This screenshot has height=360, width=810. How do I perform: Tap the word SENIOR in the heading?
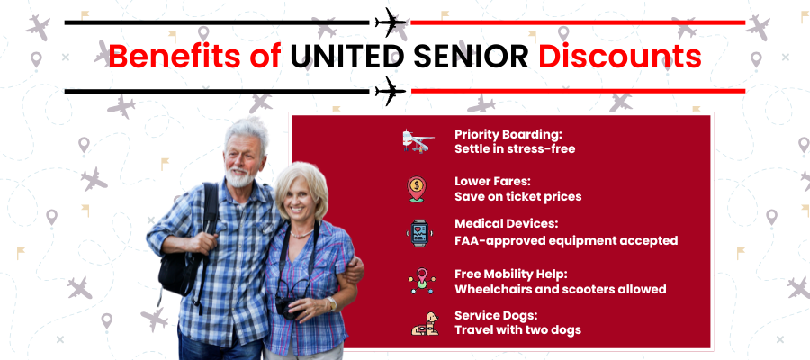471,57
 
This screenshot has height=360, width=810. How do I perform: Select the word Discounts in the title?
620,57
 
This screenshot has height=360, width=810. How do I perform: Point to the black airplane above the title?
391,22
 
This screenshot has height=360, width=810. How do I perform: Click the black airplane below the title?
391,92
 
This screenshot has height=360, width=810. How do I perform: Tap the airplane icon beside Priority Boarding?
418,141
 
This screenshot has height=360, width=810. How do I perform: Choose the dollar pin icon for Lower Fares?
417,189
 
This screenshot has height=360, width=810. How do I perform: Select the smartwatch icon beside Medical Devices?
418,233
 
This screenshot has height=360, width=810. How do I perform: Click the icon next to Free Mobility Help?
422,281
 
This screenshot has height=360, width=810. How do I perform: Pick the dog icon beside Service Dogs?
425,324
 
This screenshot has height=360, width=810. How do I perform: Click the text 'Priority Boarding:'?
508,135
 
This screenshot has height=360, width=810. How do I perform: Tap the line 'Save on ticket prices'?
517,197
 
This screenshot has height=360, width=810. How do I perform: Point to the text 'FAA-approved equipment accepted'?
566,240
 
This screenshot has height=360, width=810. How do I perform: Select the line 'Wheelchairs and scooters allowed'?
561,289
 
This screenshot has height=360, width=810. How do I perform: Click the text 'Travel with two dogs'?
517,329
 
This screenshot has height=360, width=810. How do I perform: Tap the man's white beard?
241,177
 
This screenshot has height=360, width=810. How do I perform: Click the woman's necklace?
301,235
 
